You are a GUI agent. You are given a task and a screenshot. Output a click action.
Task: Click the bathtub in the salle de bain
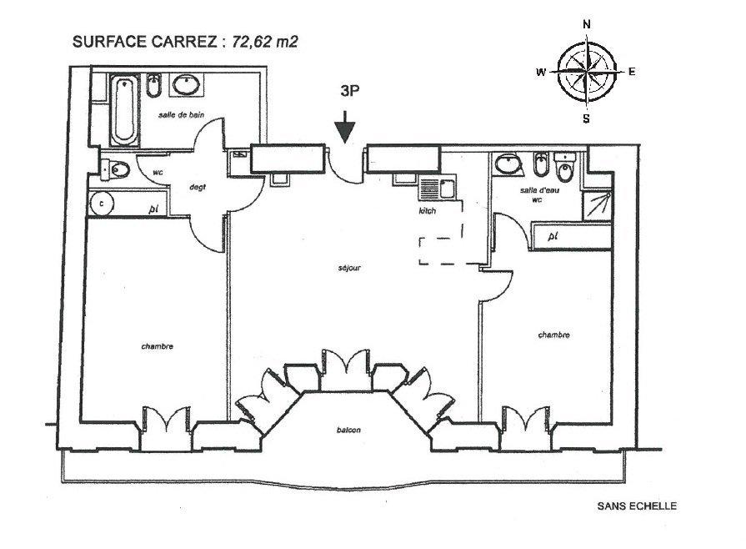point(125,110)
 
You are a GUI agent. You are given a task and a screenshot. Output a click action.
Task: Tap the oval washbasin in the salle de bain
point(186,86)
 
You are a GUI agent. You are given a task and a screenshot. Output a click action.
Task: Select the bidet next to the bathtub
point(153,86)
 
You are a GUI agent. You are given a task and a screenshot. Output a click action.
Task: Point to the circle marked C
point(102,204)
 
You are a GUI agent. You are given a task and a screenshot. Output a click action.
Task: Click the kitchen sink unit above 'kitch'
point(437,187)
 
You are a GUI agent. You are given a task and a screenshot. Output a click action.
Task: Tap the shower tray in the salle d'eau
point(597,205)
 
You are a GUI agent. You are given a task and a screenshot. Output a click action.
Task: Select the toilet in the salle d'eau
point(565,167)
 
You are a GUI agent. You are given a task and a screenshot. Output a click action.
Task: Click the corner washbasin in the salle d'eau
point(509,164)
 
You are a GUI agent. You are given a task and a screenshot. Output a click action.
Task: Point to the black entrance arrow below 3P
point(345,127)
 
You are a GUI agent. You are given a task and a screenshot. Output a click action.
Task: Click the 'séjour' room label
point(350,268)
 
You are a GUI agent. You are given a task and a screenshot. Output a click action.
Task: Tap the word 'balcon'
point(348,430)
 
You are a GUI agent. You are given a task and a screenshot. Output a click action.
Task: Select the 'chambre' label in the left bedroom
point(157,346)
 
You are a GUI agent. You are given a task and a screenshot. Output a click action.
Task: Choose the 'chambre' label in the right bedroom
point(553,335)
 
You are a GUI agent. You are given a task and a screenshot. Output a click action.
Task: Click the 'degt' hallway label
point(198,188)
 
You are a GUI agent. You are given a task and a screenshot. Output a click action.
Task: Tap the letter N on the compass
point(587,25)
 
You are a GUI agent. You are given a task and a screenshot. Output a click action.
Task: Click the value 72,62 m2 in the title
point(265,42)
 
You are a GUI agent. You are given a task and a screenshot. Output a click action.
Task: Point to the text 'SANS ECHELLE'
point(637,506)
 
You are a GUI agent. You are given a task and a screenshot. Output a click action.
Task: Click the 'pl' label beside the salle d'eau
point(553,237)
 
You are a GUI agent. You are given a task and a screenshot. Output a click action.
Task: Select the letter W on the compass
point(541,73)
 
